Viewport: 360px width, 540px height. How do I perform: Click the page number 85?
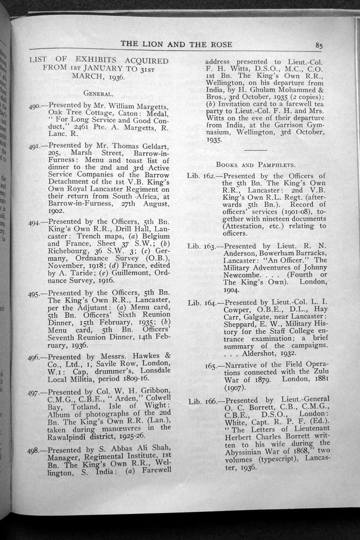click(319, 46)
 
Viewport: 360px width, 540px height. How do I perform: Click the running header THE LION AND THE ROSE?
click(176, 44)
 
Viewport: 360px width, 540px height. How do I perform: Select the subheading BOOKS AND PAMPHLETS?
click(255, 164)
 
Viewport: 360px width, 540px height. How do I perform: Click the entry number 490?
click(37, 106)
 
